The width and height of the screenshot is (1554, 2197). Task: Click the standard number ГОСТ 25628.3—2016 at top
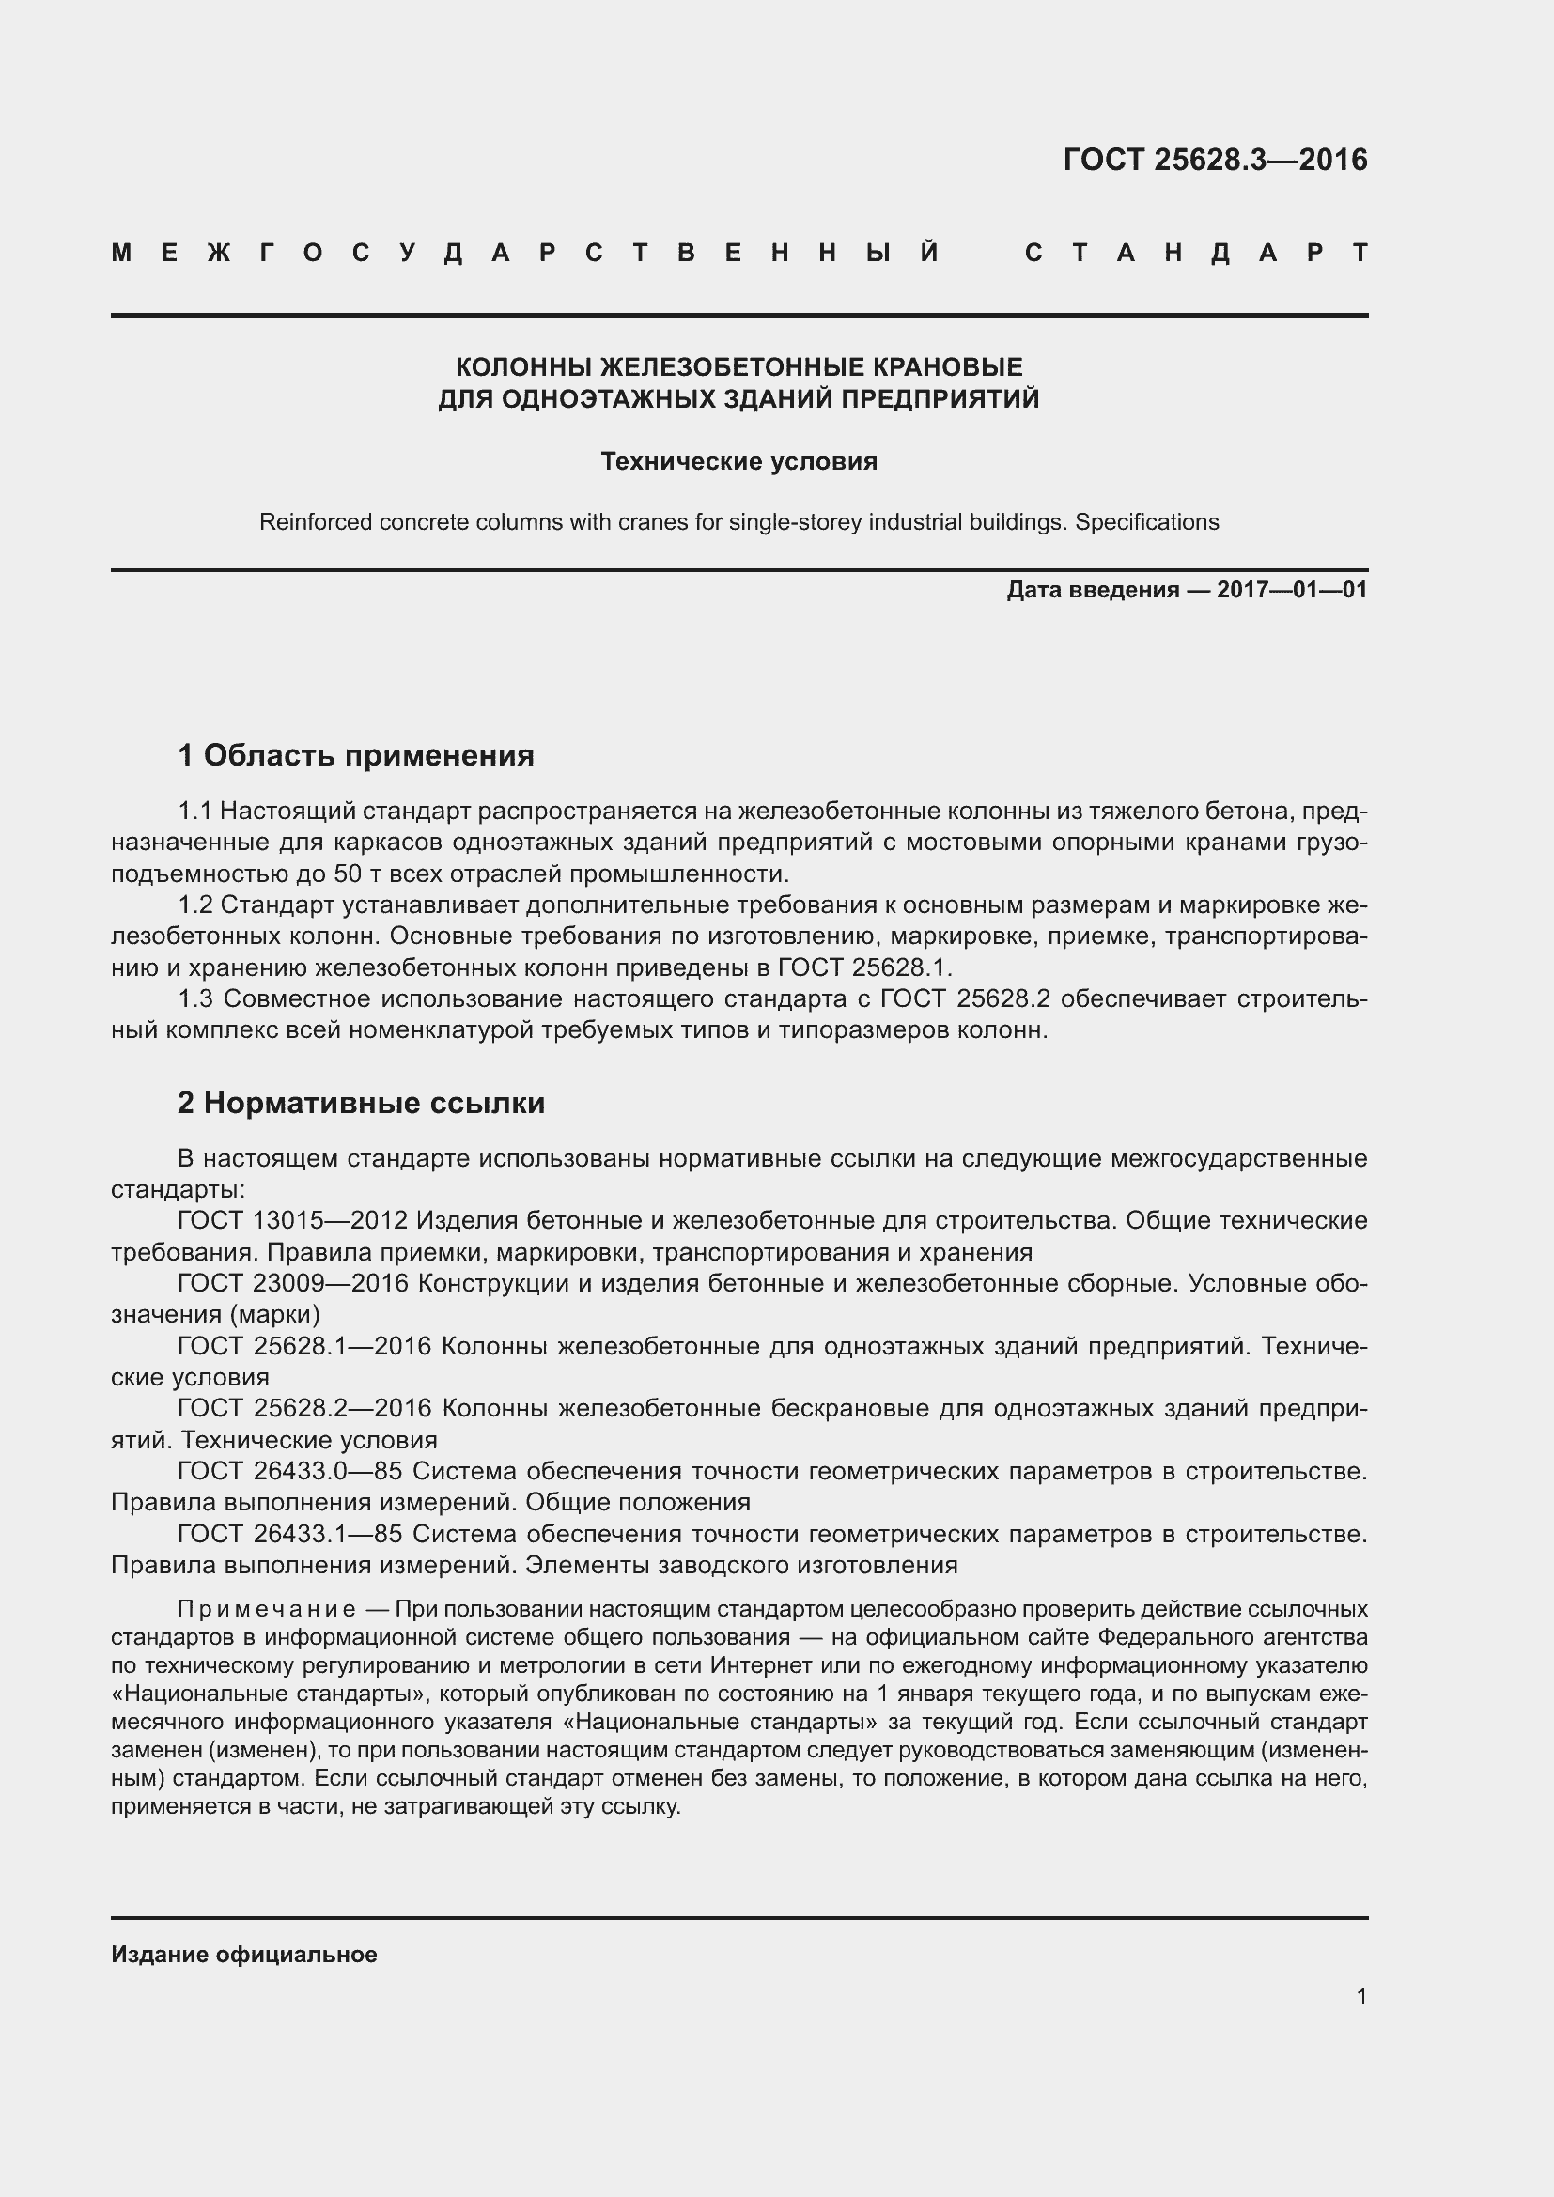tap(1215, 160)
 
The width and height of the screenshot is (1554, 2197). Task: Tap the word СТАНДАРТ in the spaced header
tap(1196, 254)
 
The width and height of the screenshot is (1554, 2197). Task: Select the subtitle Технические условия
tap(738, 462)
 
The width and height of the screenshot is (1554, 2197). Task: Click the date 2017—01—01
tap(1292, 591)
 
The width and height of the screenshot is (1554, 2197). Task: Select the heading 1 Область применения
tap(356, 756)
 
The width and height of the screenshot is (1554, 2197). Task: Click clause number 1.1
tap(194, 812)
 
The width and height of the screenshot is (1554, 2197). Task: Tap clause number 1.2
tap(194, 905)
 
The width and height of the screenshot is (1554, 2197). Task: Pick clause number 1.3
tap(195, 999)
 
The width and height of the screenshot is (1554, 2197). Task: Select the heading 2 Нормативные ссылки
tap(361, 1104)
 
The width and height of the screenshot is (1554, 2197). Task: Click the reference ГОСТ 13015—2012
tap(293, 1221)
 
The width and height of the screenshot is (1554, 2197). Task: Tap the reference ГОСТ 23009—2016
tap(293, 1284)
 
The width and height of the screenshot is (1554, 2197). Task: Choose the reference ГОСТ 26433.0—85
tap(289, 1472)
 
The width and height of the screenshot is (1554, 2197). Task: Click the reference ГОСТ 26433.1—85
tap(289, 1534)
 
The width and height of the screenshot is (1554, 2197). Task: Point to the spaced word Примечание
tap(267, 1608)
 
